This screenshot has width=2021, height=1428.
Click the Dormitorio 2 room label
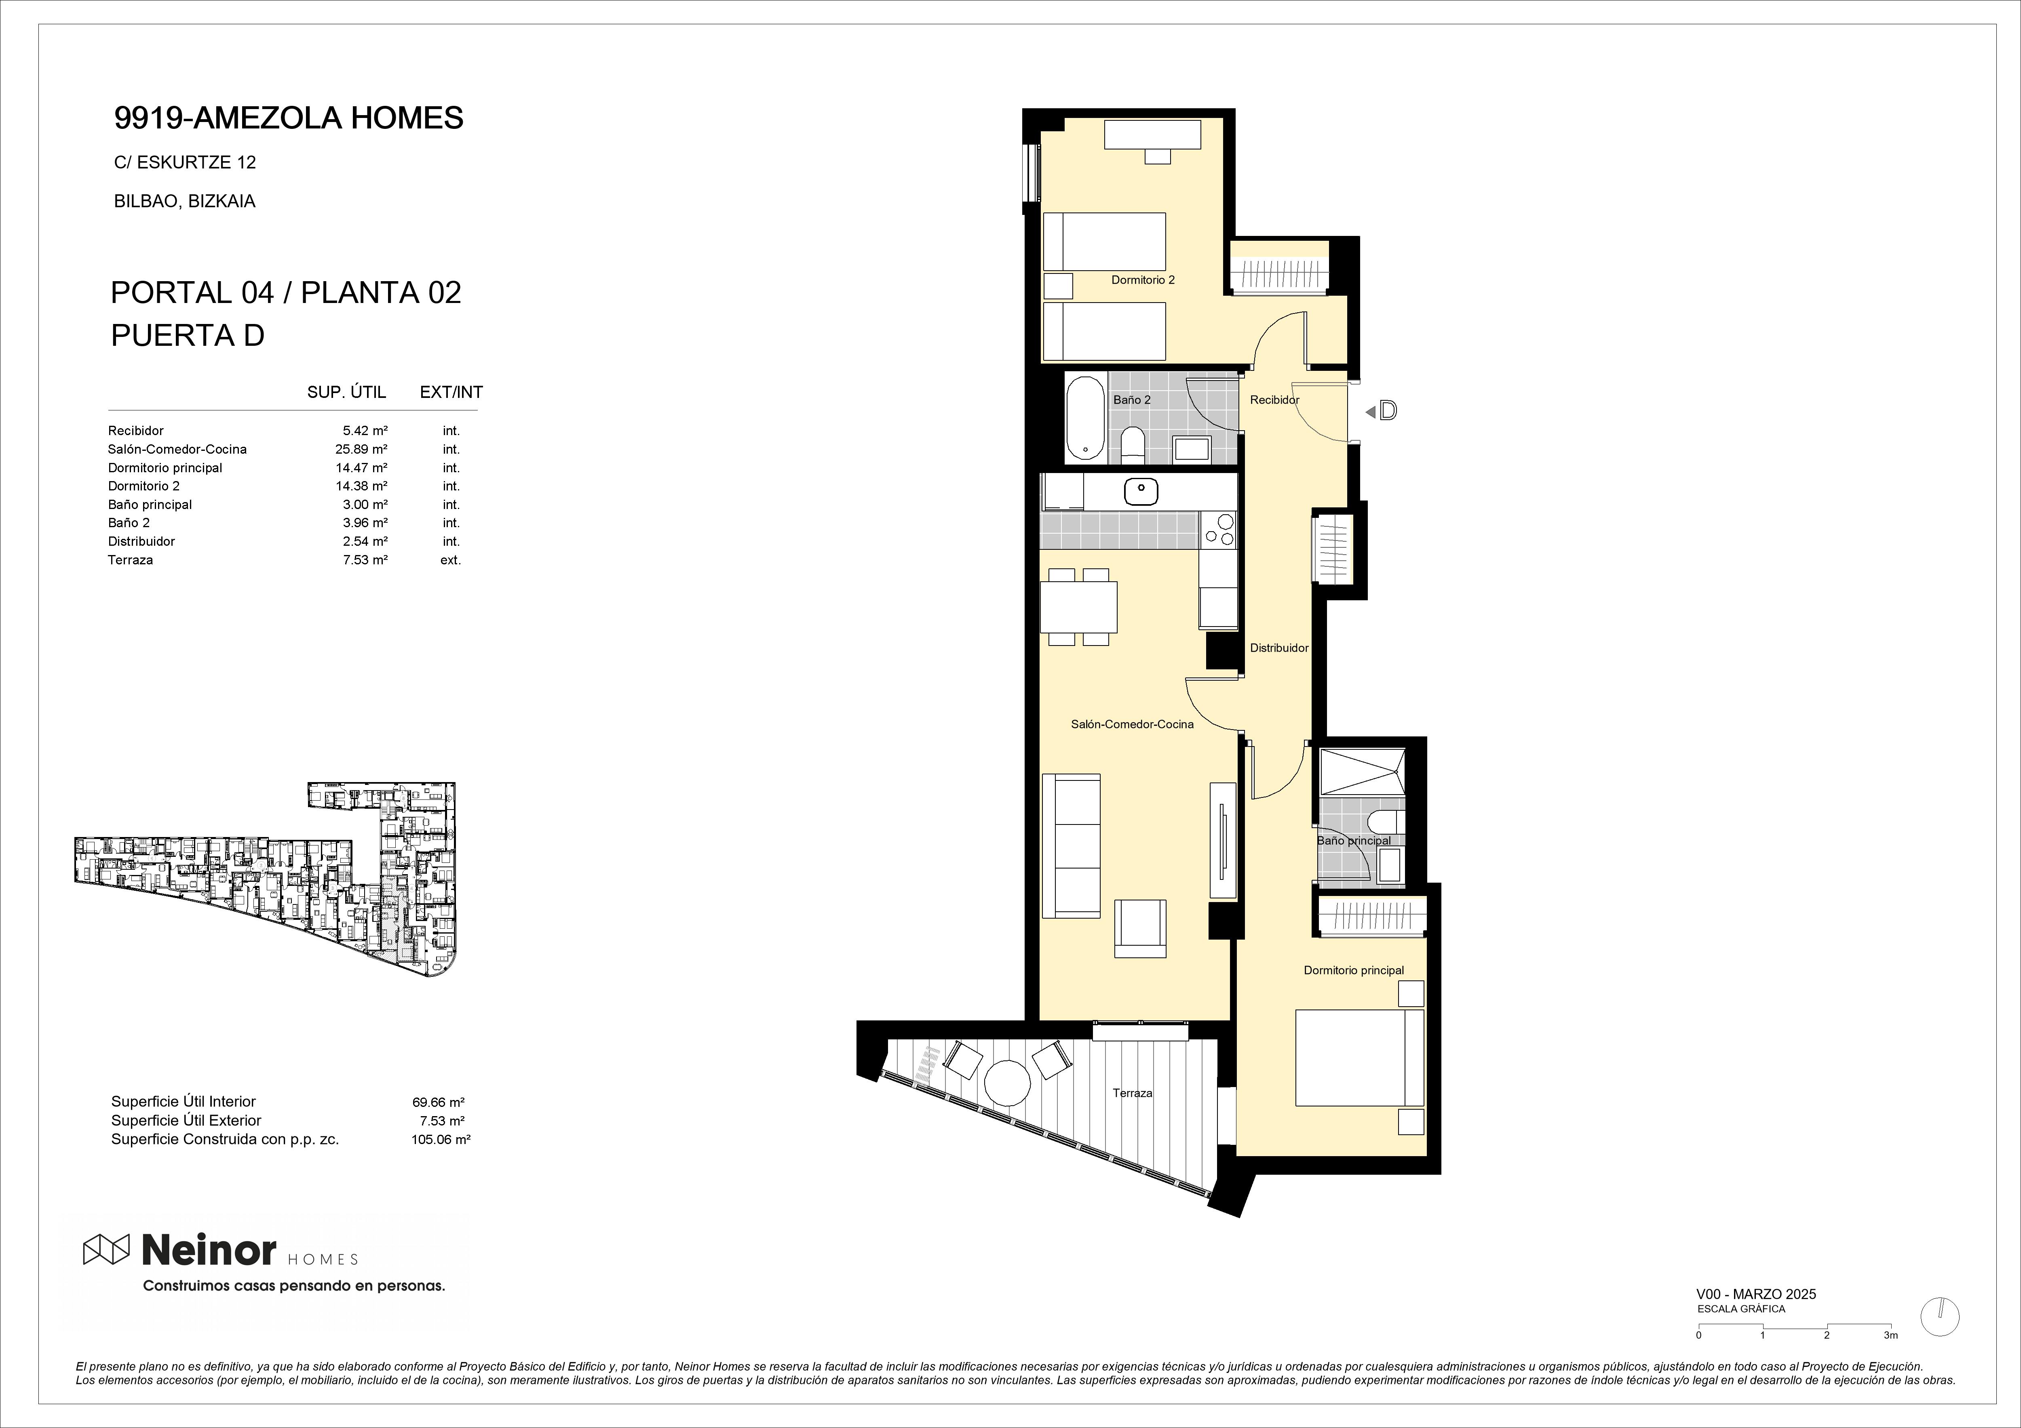(1143, 280)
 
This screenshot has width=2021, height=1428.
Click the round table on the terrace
(1007, 1082)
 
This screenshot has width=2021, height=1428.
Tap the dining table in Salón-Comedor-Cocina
(1078, 607)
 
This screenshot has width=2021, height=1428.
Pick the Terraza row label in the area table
(130, 559)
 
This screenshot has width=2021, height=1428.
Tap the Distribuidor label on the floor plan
(1279, 648)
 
